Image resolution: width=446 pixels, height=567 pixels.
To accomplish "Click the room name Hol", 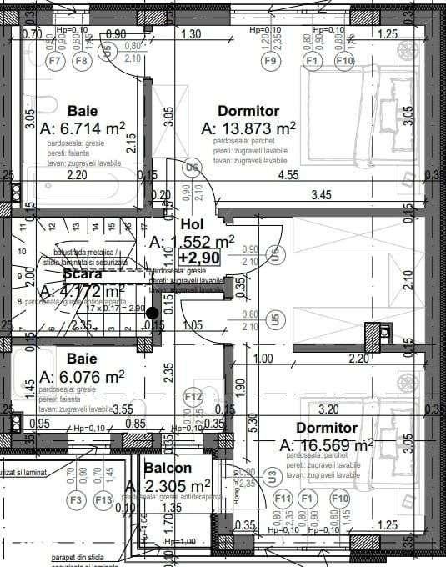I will [x=193, y=225].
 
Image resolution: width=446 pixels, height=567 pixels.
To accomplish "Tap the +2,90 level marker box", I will [x=198, y=258].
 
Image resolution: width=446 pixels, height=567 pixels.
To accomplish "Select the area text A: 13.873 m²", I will [x=249, y=128].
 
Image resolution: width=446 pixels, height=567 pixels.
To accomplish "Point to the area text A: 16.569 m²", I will [x=326, y=445].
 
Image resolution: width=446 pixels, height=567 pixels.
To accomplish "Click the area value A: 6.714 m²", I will [x=83, y=128].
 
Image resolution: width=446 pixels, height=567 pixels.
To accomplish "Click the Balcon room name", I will [x=168, y=469].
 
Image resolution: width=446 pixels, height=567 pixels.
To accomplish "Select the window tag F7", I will [x=56, y=60].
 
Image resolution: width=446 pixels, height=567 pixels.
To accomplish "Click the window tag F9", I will [x=269, y=60].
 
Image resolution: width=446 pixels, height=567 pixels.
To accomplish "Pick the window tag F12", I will [x=193, y=397].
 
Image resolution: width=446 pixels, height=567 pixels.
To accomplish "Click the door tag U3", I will [x=273, y=476].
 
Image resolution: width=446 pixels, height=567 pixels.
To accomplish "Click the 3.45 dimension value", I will [x=322, y=195].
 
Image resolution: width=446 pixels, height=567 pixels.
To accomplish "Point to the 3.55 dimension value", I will [x=123, y=409].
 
